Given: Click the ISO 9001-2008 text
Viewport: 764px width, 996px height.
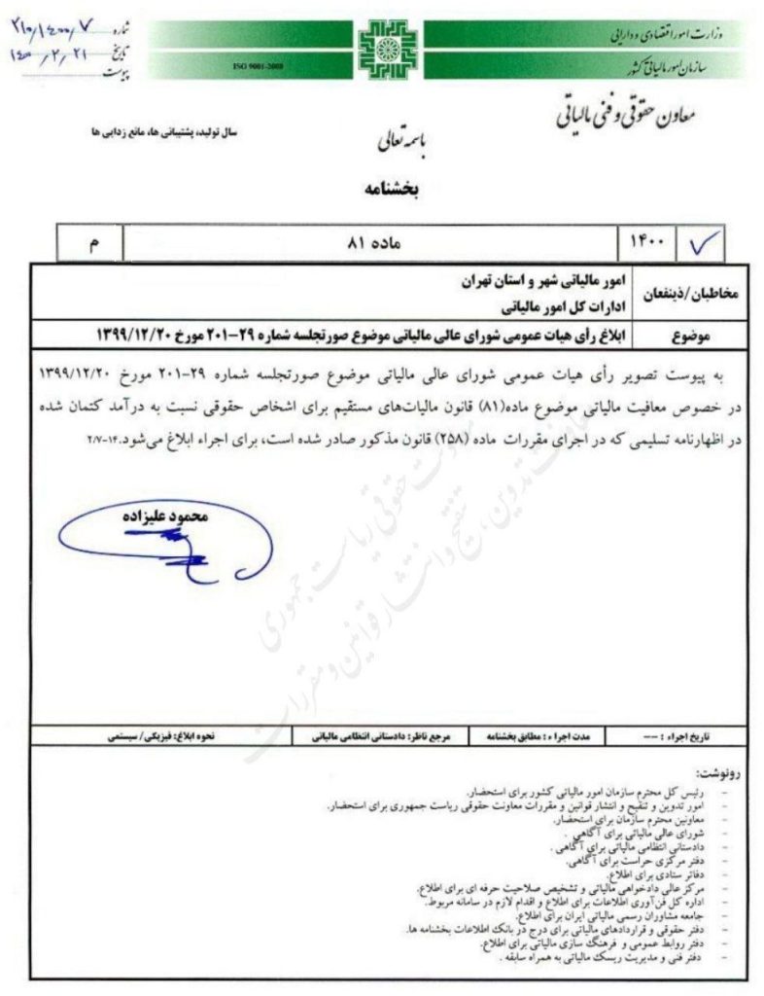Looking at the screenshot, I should (253, 65).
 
